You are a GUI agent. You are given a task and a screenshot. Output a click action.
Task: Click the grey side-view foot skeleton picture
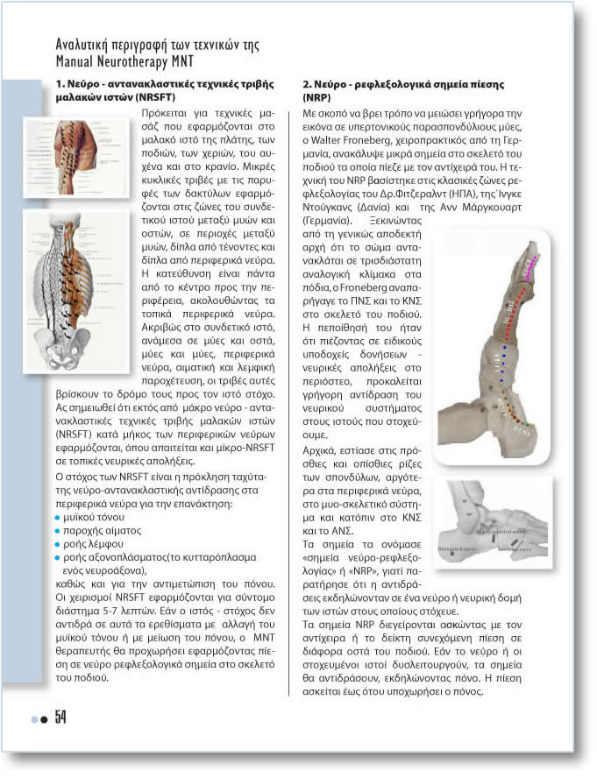click(x=497, y=522)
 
